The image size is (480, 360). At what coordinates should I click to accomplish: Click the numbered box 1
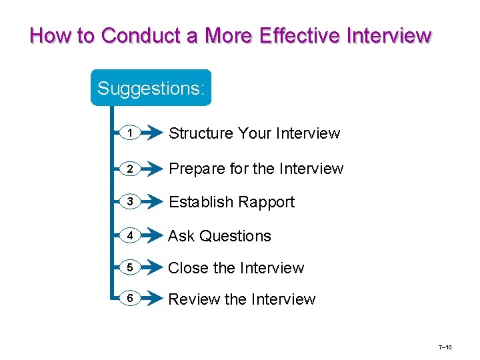click(x=131, y=134)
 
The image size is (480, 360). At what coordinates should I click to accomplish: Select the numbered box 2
click(x=131, y=169)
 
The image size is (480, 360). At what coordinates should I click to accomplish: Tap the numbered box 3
click(x=131, y=202)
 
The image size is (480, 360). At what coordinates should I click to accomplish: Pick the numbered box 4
click(x=131, y=235)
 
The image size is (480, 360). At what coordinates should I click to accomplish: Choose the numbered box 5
click(x=131, y=268)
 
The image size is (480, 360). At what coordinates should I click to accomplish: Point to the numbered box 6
click(x=131, y=299)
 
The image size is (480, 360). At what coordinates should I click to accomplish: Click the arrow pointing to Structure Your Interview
click(x=152, y=134)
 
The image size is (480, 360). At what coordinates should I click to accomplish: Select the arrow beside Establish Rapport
click(x=152, y=202)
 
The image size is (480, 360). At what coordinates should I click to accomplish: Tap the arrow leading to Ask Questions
click(x=152, y=235)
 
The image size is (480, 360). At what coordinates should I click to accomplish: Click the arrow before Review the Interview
click(x=152, y=299)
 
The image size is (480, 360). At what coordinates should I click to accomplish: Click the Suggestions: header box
click(x=151, y=88)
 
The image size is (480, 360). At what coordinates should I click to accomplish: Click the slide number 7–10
click(x=445, y=348)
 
